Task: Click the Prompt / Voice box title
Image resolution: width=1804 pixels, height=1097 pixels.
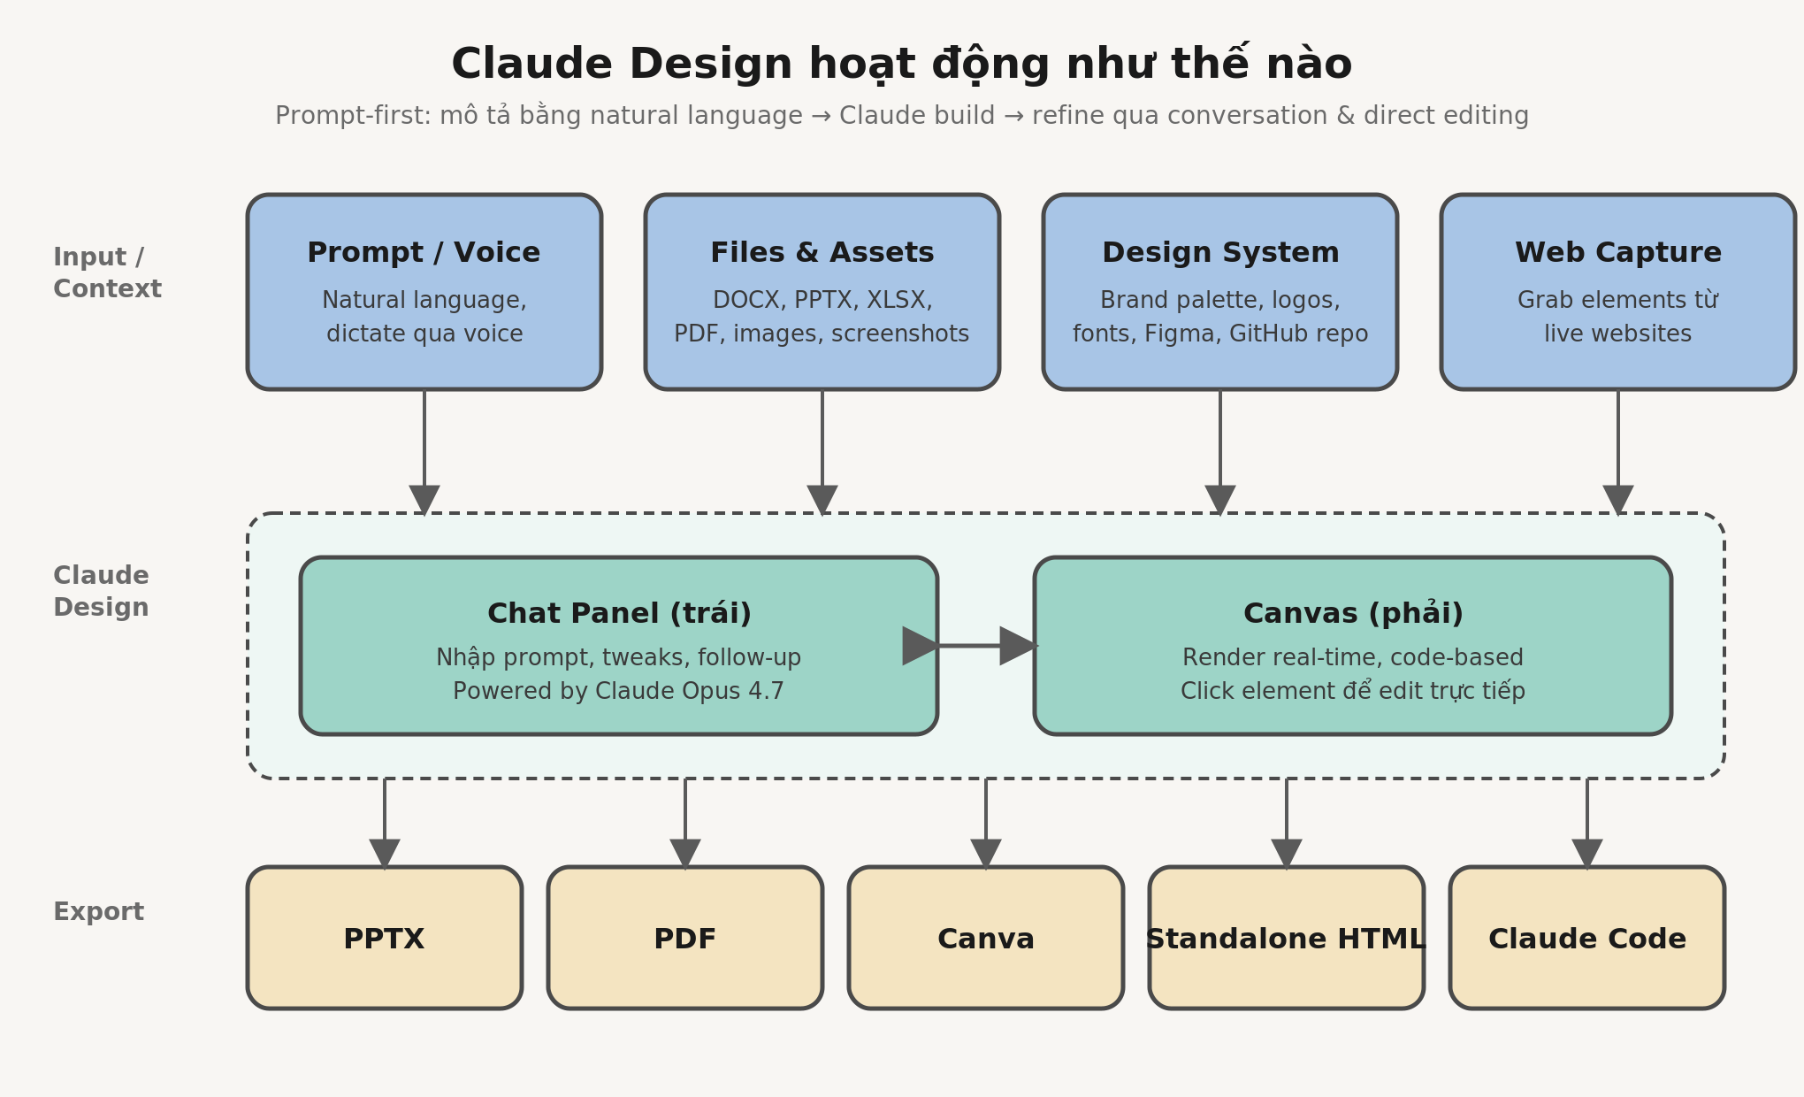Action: tap(424, 253)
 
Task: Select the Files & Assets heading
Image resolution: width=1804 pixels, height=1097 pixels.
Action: tap(822, 253)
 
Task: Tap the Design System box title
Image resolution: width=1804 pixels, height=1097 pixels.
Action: tap(1220, 253)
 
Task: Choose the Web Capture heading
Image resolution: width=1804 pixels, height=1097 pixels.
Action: tap(1618, 253)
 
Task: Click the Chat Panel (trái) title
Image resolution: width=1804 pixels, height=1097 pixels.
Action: tap(619, 613)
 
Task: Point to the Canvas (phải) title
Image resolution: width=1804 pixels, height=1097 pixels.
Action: tap(1353, 613)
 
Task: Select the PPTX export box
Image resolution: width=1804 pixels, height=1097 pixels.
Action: tap(385, 938)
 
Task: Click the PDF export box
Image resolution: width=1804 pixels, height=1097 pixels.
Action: tap(685, 938)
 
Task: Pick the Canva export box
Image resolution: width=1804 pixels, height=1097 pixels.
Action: tap(986, 938)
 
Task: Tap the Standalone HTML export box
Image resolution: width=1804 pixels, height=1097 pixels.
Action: tap(1287, 938)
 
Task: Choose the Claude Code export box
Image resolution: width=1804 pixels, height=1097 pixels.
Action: tap(1587, 938)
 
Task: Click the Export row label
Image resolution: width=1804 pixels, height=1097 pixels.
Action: tap(98, 911)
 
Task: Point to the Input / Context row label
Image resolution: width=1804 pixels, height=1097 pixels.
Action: tap(107, 272)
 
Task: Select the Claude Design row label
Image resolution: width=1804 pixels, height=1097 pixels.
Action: tap(101, 591)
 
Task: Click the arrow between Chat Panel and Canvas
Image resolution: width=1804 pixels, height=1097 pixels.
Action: tap(970, 646)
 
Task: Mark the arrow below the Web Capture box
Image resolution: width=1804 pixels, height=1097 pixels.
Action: tap(1618, 452)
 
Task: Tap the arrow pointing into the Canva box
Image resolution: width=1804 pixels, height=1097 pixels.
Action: tap(986, 824)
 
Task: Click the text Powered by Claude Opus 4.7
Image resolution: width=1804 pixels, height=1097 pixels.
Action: tap(619, 691)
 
